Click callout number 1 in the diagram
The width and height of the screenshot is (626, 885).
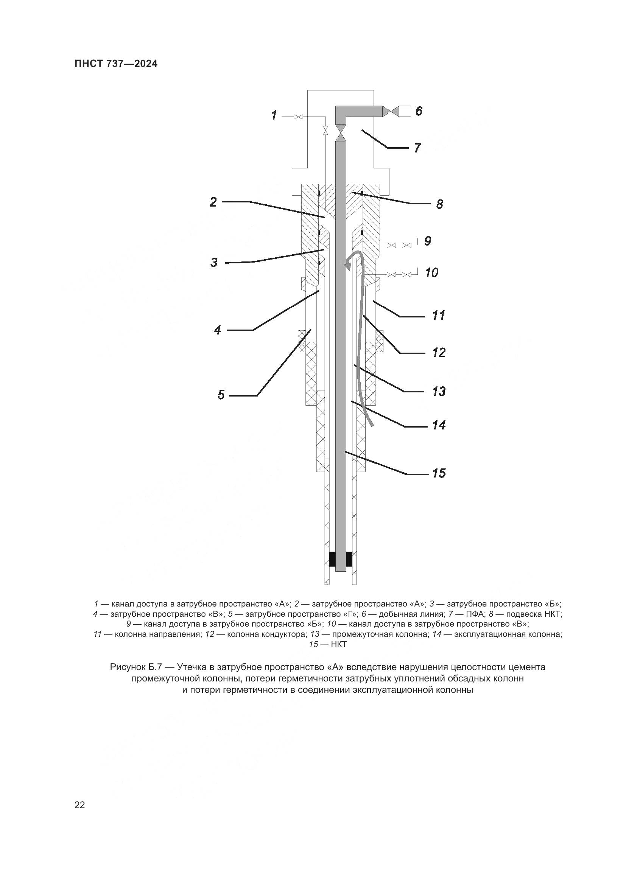[x=274, y=115]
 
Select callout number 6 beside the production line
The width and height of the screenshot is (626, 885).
[x=419, y=111]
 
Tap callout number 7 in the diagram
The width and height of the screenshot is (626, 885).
[x=417, y=148]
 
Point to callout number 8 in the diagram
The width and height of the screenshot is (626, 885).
[x=439, y=204]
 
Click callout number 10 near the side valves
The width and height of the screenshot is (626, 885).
[x=431, y=273]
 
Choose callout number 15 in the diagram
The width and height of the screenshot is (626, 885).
[x=439, y=473]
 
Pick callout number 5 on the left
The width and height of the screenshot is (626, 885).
[x=221, y=395]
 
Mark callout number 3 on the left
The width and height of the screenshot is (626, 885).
[x=214, y=263]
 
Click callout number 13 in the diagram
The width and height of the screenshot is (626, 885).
[x=439, y=391]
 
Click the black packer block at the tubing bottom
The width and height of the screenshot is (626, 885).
[x=341, y=559]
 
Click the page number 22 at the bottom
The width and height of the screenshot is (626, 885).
[x=80, y=805]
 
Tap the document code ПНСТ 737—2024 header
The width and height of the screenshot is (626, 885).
[x=116, y=64]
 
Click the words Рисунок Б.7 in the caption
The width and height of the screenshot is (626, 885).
[x=139, y=667]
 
